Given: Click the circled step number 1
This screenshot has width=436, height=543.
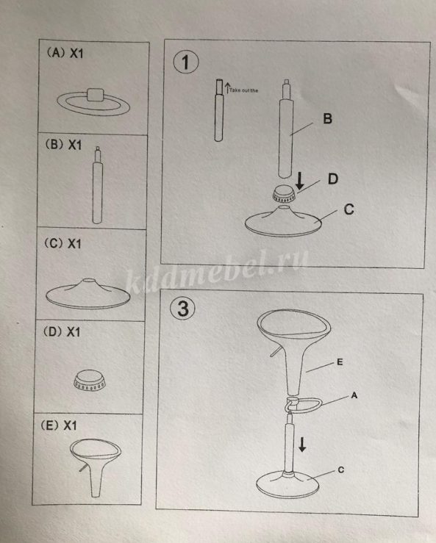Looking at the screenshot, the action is pyautogui.click(x=186, y=62).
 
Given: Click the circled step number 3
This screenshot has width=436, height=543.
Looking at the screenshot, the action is pyautogui.click(x=182, y=308).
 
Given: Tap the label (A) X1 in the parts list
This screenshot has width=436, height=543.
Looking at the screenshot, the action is pyautogui.click(x=65, y=53).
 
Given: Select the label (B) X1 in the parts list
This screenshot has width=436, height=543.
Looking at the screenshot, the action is pyautogui.click(x=64, y=145).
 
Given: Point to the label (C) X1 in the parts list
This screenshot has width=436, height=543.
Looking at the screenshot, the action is pyautogui.click(x=62, y=243).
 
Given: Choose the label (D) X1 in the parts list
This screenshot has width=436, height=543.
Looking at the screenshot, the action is pyautogui.click(x=62, y=332).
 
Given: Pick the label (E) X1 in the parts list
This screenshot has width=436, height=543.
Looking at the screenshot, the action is pyautogui.click(x=59, y=425).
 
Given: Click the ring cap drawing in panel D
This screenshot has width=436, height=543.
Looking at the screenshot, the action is pyautogui.click(x=90, y=381).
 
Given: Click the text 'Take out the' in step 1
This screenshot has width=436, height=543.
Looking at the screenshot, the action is pyautogui.click(x=243, y=90).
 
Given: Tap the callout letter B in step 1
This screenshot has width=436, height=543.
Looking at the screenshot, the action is pyautogui.click(x=327, y=118).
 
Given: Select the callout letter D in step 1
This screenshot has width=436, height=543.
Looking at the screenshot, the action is pyautogui.click(x=333, y=179).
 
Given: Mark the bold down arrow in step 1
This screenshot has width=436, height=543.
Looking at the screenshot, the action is pyautogui.click(x=300, y=181).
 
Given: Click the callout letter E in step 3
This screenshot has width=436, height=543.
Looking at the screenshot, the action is pyautogui.click(x=340, y=362).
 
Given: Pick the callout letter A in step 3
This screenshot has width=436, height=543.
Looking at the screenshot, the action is pyautogui.click(x=354, y=395).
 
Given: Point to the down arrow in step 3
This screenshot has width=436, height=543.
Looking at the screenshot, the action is pyautogui.click(x=302, y=445).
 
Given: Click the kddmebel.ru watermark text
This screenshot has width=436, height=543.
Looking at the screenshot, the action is pyautogui.click(x=217, y=271).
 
